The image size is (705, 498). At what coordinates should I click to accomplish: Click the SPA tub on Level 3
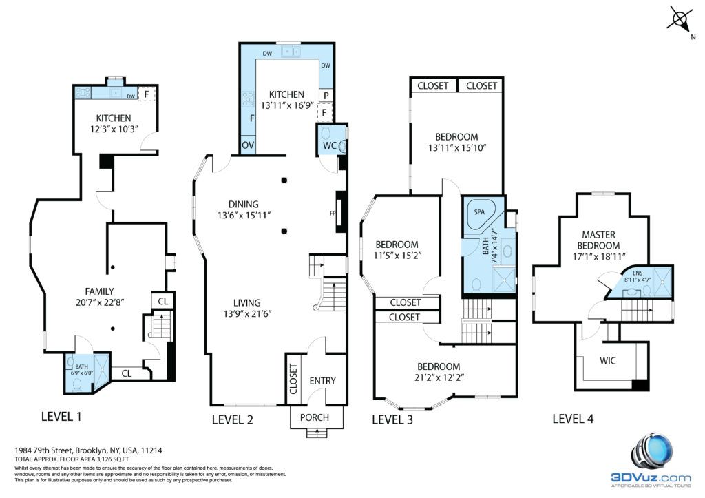coord(480,214)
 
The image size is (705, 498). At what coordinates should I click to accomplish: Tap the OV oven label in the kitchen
coord(248,145)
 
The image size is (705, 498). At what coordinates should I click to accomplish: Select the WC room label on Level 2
coord(330,146)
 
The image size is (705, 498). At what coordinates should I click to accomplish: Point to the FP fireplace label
coord(333,214)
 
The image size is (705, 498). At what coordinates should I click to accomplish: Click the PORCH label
coord(314,417)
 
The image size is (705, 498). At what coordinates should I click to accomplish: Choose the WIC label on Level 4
coord(607,360)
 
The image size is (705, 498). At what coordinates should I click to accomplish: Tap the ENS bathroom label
coord(637,273)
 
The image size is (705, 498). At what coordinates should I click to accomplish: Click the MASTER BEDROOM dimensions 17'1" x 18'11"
coord(599,257)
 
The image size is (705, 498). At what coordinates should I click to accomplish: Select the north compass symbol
coord(680,21)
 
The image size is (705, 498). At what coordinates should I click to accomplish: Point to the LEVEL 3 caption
coord(392,419)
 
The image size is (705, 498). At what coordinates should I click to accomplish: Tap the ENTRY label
coord(322,381)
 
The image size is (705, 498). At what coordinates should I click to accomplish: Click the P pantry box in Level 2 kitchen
coord(326,95)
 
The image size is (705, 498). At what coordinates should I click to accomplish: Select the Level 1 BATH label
coord(81,366)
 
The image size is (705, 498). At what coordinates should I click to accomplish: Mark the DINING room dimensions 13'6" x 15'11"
coord(244,216)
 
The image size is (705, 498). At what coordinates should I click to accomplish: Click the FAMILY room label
coord(99,291)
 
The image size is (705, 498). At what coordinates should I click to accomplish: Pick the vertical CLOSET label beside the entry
coord(293,380)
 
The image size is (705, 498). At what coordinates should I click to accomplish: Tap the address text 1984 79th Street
coord(44,450)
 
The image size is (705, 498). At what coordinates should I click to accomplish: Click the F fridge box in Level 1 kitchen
coord(147,94)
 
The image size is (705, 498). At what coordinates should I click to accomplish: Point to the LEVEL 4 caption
coord(573,419)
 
